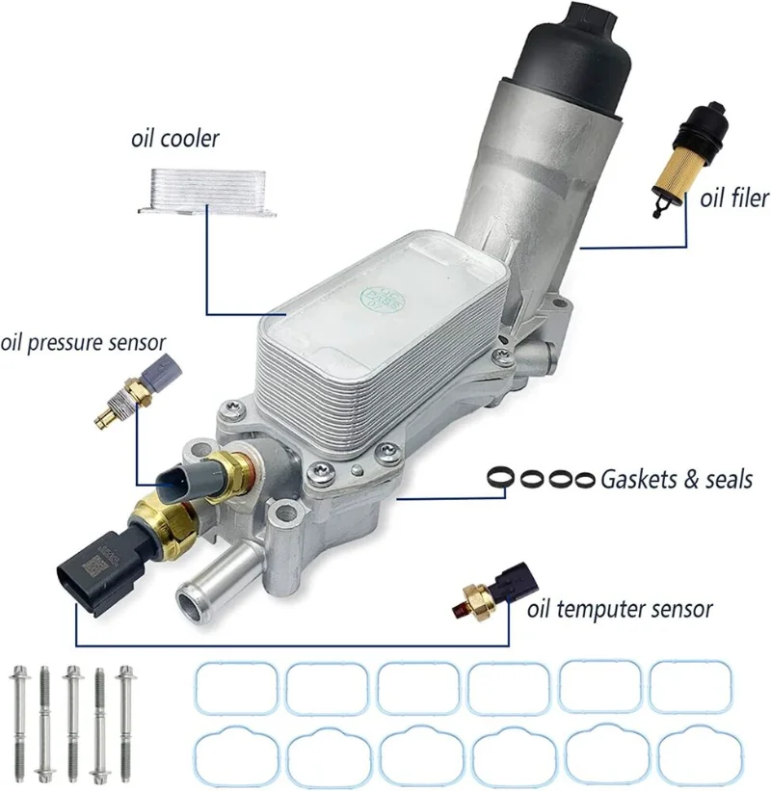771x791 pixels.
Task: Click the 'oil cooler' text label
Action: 174,139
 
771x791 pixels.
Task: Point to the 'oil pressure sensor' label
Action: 83,342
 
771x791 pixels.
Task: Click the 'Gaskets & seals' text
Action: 677,478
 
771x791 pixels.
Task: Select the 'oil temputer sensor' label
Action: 620,609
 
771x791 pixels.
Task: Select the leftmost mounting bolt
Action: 19,723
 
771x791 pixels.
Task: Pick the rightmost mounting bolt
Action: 124,723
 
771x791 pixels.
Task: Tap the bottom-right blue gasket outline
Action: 689,758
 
